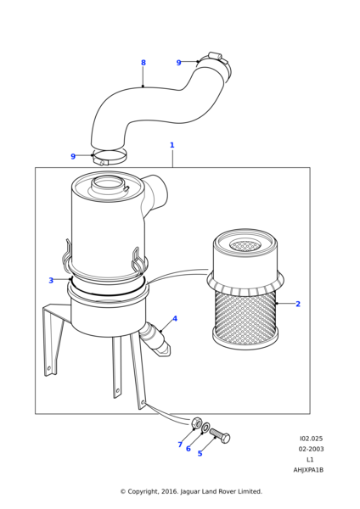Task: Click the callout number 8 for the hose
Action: click(x=143, y=63)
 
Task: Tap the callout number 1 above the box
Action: click(x=172, y=145)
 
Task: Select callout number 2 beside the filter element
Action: click(x=298, y=304)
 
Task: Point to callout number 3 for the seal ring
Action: click(x=51, y=280)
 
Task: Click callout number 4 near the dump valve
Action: click(x=175, y=318)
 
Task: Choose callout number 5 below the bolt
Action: click(x=200, y=454)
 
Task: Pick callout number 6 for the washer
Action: click(x=188, y=449)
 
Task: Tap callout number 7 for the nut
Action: click(x=180, y=445)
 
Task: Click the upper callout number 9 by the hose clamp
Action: click(x=178, y=63)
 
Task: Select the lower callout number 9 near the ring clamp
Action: click(x=73, y=156)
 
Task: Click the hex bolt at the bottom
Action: click(x=220, y=436)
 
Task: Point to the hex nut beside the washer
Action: click(x=197, y=422)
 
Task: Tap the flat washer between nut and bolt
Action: click(x=205, y=428)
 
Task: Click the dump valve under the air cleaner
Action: click(x=155, y=338)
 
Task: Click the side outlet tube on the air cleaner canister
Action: click(x=155, y=193)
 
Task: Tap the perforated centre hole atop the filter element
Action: click(x=245, y=245)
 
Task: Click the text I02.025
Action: click(x=312, y=439)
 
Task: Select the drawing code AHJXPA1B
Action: click(x=308, y=470)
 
